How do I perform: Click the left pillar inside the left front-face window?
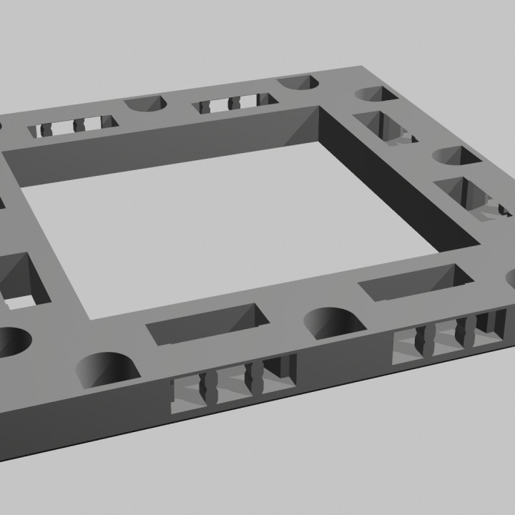pyautogui.click(x=212, y=386)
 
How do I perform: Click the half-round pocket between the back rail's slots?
pyautogui.click(x=146, y=104)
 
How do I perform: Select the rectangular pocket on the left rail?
pyautogui.click(x=21, y=279)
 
